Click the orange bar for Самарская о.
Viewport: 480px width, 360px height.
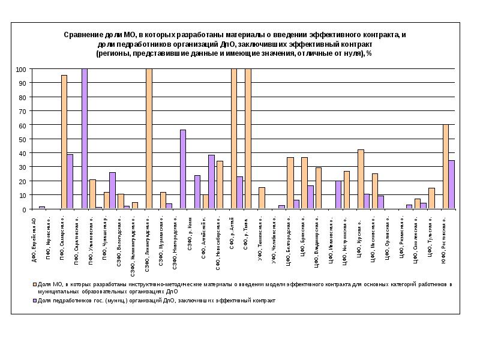tap(64, 142)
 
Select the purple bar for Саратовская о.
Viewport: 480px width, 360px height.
tap(85, 139)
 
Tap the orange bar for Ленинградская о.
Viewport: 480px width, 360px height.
tap(149, 139)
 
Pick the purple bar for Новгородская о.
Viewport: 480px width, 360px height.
tap(183, 170)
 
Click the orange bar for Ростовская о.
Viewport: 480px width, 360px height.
tap(445, 167)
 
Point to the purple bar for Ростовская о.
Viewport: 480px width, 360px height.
tap(452, 185)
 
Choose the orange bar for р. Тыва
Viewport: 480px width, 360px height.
tap(248, 139)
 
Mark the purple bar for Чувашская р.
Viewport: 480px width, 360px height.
tap(113, 191)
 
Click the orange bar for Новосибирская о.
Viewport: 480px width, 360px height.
tap(220, 185)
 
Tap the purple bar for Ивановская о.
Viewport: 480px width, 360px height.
tap(338, 195)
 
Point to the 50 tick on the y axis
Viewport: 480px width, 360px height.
tap(31, 139)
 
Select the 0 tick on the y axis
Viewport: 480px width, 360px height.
tap(31, 209)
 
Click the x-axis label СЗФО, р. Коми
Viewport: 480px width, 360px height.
tap(190, 231)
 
